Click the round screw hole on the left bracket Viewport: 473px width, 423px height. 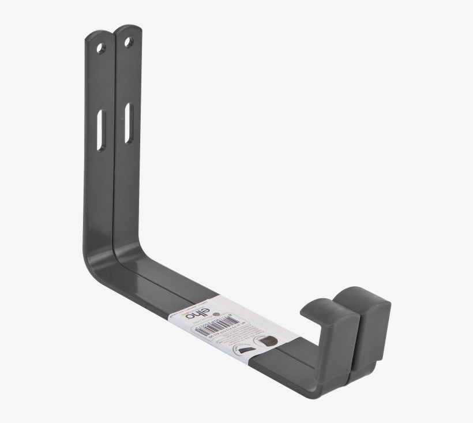[x=102, y=47]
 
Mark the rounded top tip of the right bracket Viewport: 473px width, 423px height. [x=128, y=28]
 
